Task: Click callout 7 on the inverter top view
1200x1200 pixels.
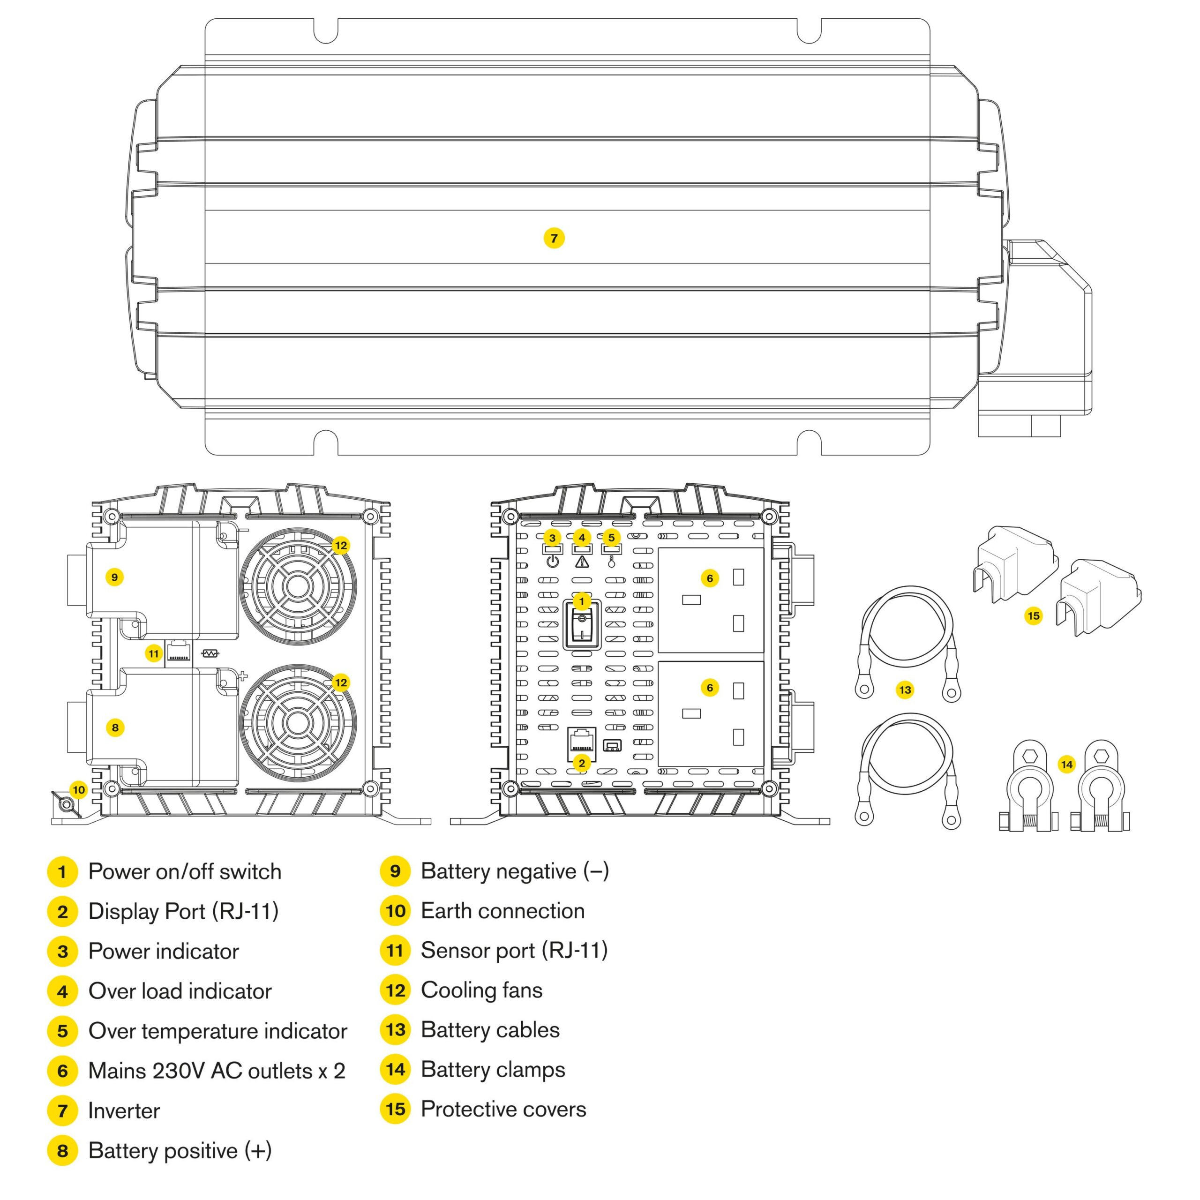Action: (554, 238)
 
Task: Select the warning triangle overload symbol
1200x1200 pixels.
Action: (581, 562)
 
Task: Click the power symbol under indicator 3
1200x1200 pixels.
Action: (552, 562)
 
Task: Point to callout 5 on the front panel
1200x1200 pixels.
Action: (611, 537)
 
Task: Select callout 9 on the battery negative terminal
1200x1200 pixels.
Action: (114, 577)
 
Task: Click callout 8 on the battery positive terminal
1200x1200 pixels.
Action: (115, 727)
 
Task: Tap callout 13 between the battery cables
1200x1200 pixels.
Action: (905, 690)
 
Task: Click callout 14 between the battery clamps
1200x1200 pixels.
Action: (1066, 765)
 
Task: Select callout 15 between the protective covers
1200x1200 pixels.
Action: (1034, 615)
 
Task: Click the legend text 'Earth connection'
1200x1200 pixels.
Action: (502, 911)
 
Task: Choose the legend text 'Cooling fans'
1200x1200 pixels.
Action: (481, 990)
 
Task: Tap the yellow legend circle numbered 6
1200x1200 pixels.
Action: (62, 1071)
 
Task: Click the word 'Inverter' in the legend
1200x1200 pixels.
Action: (124, 1110)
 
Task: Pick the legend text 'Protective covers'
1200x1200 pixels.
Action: (503, 1110)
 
